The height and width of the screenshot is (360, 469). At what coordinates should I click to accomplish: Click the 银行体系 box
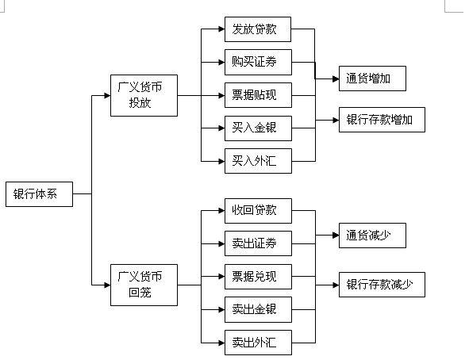(x=39, y=194)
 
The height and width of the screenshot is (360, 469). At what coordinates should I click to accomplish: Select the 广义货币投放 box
(x=144, y=95)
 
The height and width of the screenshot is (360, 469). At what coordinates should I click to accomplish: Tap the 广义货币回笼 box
(x=144, y=285)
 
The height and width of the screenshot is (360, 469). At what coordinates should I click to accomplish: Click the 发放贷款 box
(x=258, y=29)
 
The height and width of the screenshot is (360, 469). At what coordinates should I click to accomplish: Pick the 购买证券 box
(x=258, y=62)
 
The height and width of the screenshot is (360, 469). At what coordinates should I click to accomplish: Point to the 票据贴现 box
(x=258, y=95)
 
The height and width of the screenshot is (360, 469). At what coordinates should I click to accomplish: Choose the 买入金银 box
(x=258, y=128)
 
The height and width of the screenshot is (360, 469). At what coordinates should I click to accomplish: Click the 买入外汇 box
(x=258, y=161)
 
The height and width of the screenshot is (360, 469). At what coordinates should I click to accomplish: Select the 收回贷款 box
(x=258, y=211)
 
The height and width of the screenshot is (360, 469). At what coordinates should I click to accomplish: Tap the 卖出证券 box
(x=258, y=243)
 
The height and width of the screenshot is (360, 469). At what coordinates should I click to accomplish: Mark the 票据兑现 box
(x=258, y=277)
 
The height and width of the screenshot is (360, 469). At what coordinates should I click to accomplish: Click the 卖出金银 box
(x=258, y=309)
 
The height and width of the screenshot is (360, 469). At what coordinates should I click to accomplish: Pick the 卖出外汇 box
(x=258, y=343)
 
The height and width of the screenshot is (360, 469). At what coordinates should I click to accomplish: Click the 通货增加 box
(x=372, y=79)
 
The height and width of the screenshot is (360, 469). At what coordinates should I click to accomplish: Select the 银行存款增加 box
(x=382, y=120)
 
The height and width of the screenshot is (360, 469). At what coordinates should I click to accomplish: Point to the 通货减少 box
(x=372, y=236)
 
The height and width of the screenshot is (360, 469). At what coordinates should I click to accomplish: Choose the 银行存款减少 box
(x=382, y=285)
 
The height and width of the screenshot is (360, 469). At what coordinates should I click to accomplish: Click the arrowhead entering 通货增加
(x=336, y=79)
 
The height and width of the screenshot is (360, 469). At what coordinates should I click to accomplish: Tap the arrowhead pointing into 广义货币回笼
(x=107, y=285)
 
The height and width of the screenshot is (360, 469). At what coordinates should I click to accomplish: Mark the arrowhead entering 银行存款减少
(x=336, y=285)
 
